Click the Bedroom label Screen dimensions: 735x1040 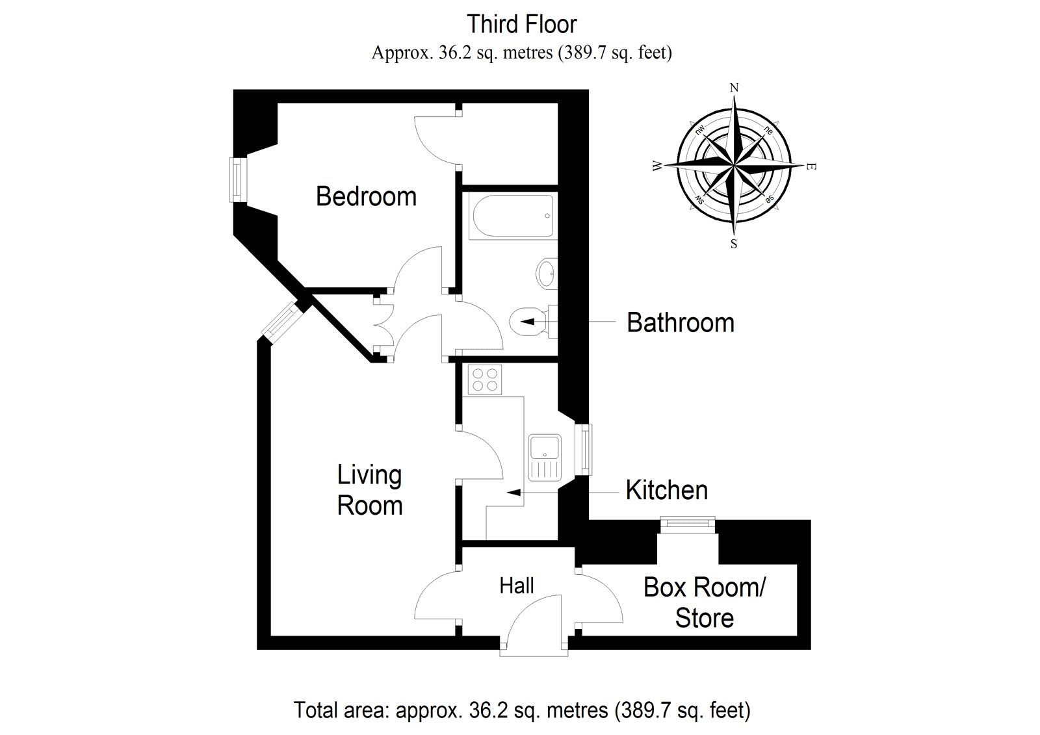pos(366,196)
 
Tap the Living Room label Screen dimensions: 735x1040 pos(369,490)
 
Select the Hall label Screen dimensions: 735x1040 pos(517,586)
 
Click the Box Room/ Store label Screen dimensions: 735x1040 pos(705,602)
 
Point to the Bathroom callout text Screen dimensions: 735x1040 pos(680,323)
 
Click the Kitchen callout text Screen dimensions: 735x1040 pos(666,490)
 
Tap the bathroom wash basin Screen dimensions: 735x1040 pos(547,273)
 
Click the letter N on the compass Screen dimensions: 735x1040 pos(734,88)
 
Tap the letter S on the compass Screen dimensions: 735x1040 pos(734,244)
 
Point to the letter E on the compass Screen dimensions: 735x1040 pos(810,167)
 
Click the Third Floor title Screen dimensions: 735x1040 pos(522,25)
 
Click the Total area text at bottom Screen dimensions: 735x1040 pos(522,710)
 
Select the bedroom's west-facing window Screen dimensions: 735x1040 pos(237,180)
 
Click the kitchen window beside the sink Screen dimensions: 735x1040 pos(586,448)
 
